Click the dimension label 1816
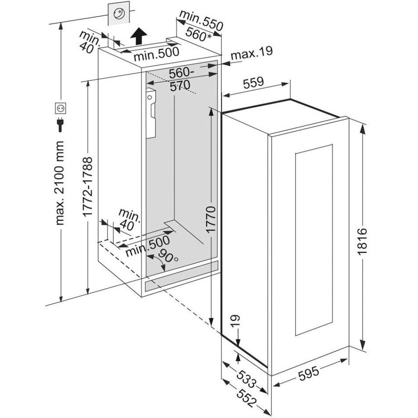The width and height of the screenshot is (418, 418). point(362,242)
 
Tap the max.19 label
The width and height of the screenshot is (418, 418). point(252,53)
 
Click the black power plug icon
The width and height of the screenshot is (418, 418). point(60,124)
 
